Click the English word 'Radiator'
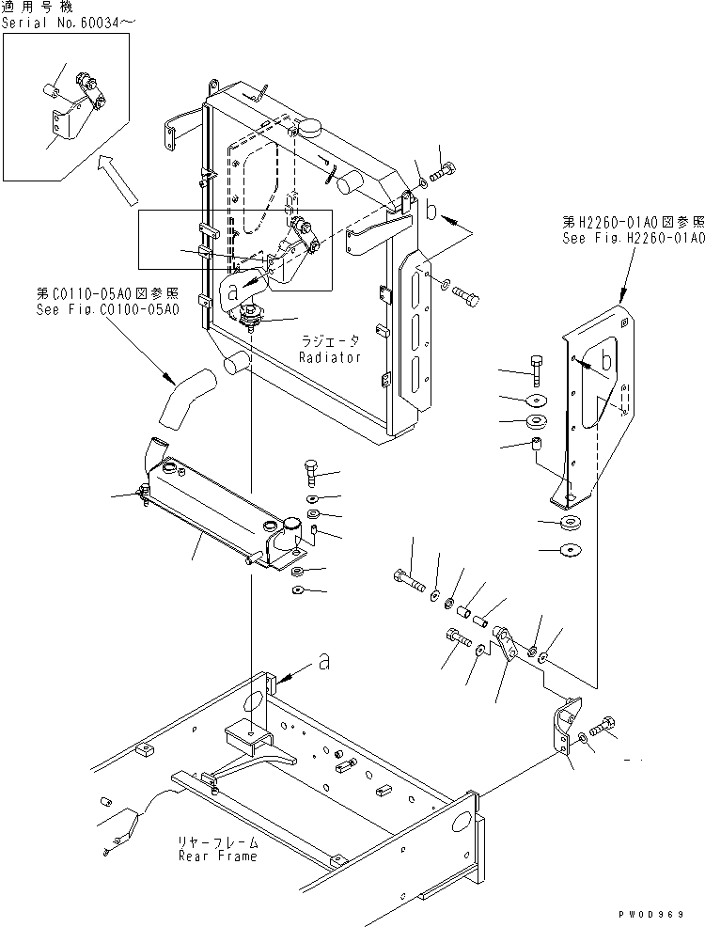coord(330,358)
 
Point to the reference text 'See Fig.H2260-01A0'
coord(634,238)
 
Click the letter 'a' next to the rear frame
coord(323,662)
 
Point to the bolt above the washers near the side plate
coord(535,368)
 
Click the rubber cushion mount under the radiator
coord(253,317)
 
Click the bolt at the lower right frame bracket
coord(603,725)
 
